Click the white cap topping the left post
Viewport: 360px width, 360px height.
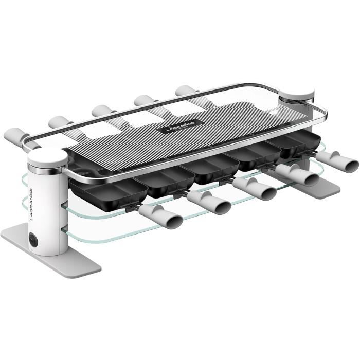click(47, 156)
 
